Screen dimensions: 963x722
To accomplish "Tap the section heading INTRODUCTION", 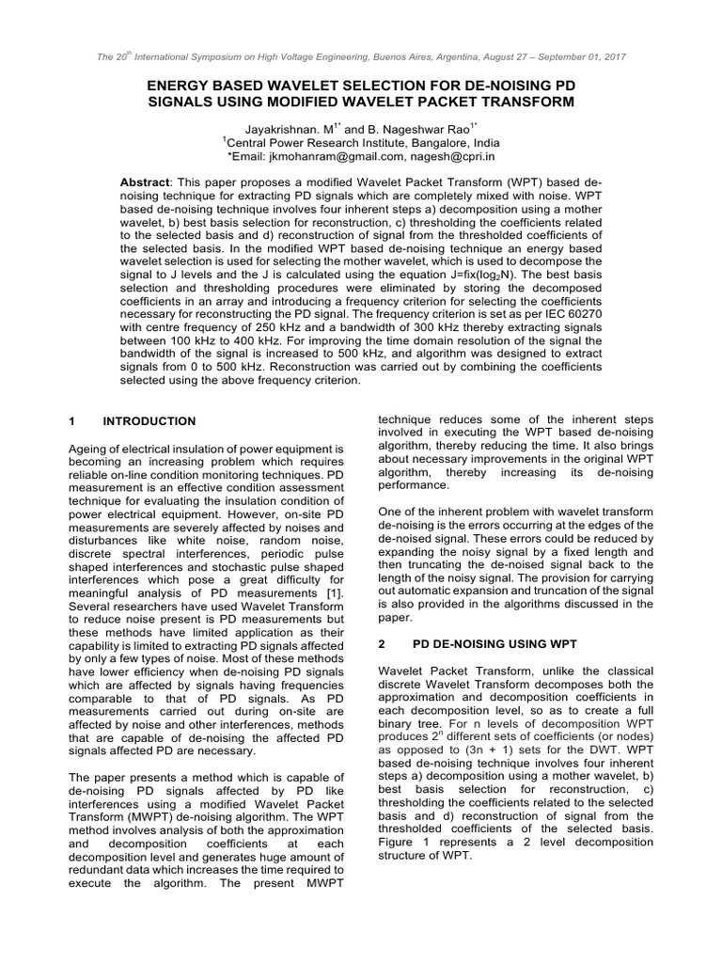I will (149, 421).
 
